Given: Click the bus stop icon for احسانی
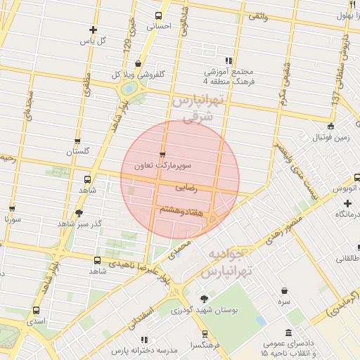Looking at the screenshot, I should (158, 15).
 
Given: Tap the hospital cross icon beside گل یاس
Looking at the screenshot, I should (93, 30).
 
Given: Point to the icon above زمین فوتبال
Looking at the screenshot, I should (330, 127).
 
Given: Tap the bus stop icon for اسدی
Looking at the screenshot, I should (36, 309).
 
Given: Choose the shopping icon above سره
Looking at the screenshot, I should (284, 290).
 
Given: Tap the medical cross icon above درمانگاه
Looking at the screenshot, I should (347, 202).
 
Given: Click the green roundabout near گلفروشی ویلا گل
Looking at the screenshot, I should (129, 89).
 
